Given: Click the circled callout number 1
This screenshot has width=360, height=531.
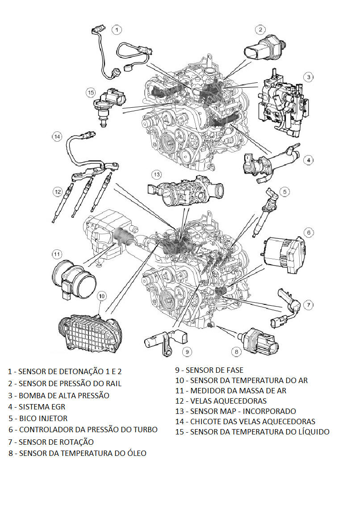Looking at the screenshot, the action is (x=117, y=30).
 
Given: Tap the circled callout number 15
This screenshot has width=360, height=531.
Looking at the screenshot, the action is (x=91, y=92).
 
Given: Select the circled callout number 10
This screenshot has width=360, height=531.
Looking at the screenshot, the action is (x=102, y=296).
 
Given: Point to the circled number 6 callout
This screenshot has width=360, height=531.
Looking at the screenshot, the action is (x=309, y=233).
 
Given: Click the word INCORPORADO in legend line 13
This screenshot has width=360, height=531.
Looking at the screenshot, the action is (x=269, y=411).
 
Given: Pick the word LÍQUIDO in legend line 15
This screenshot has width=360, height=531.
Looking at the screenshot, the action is (x=312, y=432).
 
